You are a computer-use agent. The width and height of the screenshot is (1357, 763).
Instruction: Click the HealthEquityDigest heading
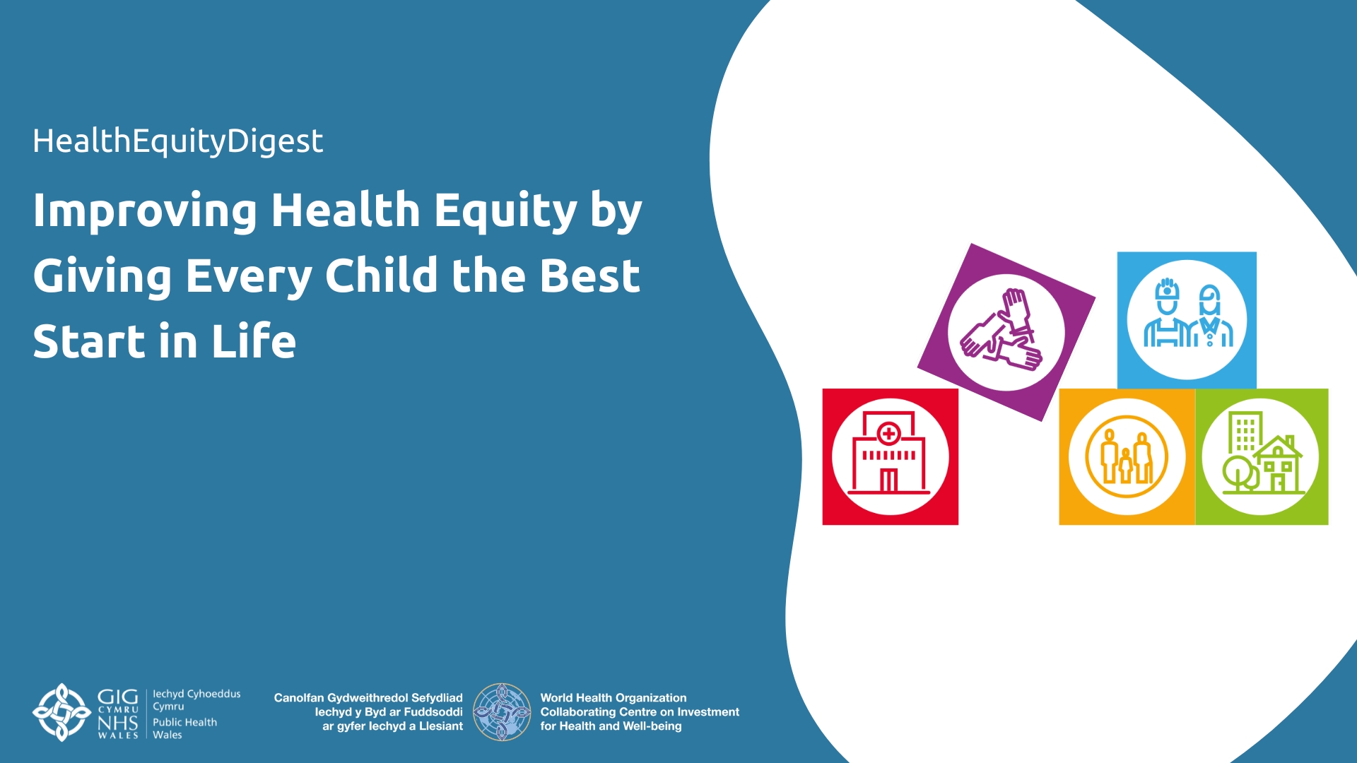[177, 141]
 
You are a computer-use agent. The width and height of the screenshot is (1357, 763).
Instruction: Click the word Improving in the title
[145, 211]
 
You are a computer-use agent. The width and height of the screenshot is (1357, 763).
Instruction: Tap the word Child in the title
[382, 275]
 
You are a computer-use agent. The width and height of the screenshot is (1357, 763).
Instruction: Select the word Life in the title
[254, 341]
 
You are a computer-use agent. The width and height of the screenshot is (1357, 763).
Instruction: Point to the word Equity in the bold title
[506, 211]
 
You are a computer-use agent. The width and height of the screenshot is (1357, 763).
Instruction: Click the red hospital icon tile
[891, 456]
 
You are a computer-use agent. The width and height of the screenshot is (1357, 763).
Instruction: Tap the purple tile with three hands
[1006, 332]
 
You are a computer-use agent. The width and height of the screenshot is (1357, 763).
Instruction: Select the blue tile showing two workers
[1187, 320]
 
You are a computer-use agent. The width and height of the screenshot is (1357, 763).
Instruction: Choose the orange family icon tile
[1127, 456]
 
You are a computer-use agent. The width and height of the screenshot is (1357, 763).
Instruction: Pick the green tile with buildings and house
[1262, 456]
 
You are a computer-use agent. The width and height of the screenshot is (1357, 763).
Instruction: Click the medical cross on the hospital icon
[889, 433]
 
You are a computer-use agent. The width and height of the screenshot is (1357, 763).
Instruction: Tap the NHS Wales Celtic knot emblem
[62, 712]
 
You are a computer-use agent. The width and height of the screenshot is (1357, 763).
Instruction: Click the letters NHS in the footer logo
[117, 723]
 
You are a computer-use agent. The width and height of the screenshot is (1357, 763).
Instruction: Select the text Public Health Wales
[185, 728]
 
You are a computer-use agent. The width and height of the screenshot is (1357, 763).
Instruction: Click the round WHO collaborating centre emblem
[502, 711]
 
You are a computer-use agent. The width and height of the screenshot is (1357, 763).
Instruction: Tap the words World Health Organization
[613, 697]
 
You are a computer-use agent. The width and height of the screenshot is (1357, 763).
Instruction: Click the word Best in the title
[589, 275]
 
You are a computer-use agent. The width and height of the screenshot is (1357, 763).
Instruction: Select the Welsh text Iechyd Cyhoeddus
[196, 694]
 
